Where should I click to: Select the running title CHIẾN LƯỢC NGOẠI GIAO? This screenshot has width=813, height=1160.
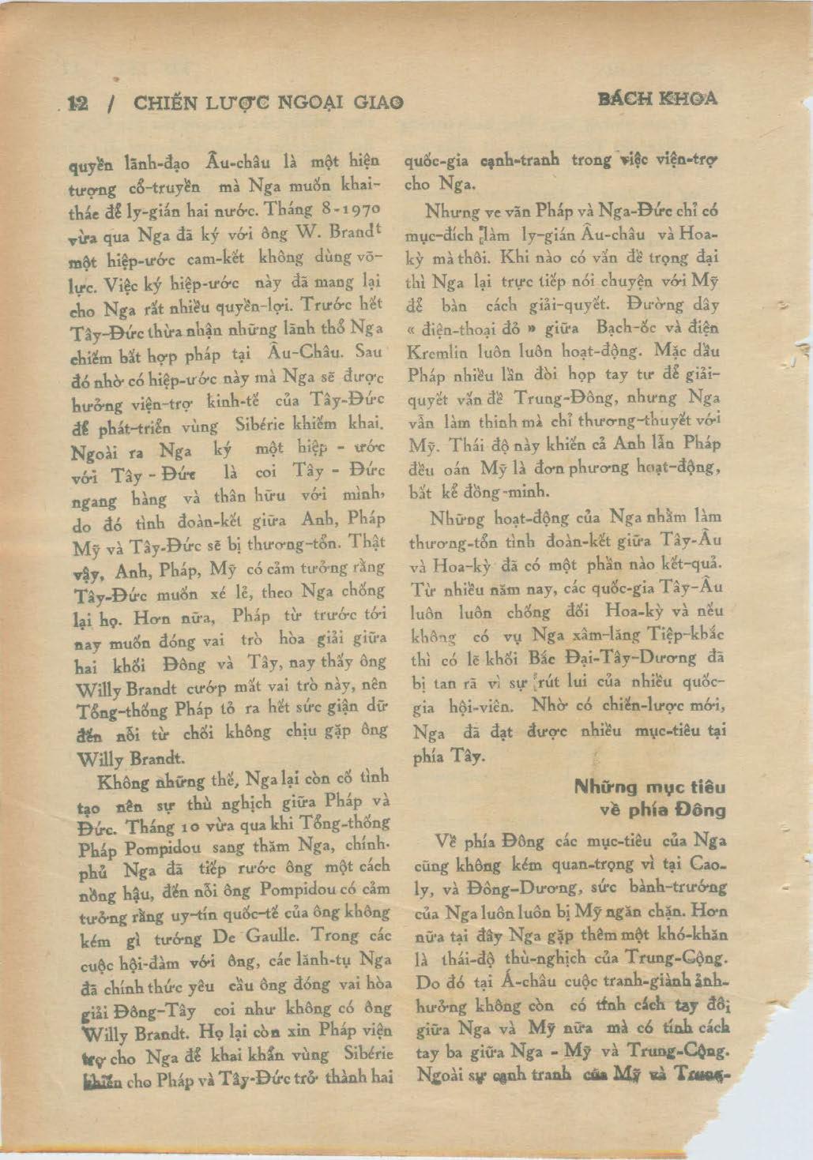point(269,102)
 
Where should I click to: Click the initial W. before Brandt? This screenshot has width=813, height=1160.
point(309,233)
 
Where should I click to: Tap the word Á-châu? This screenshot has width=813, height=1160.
point(499,982)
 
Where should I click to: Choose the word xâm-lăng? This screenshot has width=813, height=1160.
point(589,634)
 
